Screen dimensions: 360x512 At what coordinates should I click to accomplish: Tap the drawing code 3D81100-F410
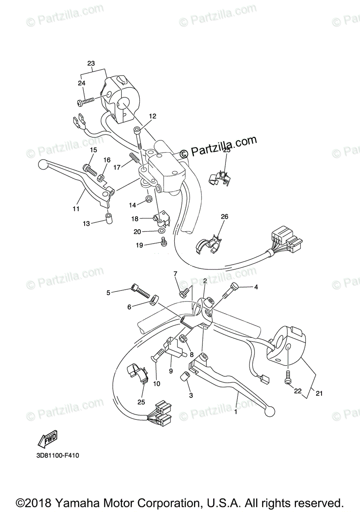pos(58,456)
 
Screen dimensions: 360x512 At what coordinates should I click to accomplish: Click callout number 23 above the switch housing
pos(91,63)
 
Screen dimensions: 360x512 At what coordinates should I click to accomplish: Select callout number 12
pos(152,116)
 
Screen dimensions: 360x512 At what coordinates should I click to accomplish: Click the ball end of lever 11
pos(42,163)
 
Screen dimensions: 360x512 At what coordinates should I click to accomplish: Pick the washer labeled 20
pos(161,231)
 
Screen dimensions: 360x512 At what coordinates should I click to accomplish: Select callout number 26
pos(225,217)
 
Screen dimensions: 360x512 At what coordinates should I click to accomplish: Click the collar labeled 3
pos(186,378)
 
